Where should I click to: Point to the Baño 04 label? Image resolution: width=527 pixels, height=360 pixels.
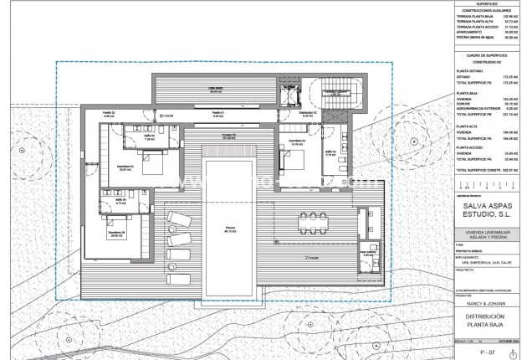coord(120,201)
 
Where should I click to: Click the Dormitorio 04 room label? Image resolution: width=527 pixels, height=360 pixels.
coord(116,234)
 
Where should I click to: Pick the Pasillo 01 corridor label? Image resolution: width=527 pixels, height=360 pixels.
coord(216,113)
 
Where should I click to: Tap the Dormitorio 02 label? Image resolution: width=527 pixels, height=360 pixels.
coord(296,141)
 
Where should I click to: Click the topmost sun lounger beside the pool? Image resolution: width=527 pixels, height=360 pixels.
coord(178,218)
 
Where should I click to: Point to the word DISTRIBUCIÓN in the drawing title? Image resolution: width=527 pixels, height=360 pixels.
coord(488,316)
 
